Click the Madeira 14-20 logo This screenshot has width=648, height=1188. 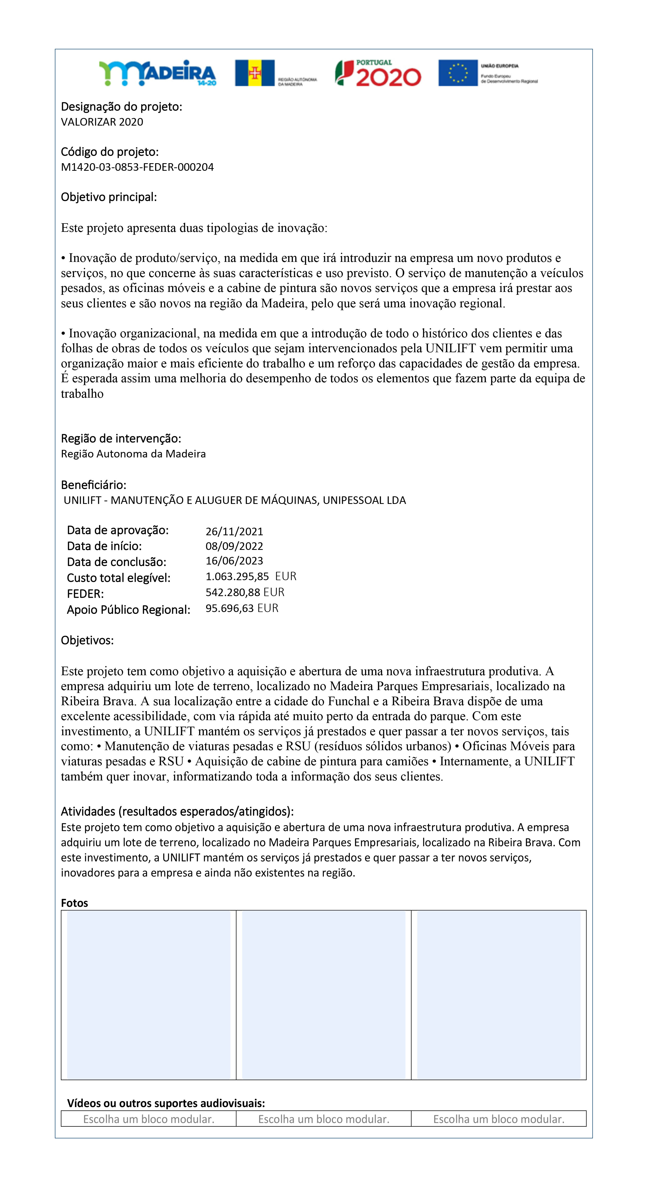click(x=157, y=73)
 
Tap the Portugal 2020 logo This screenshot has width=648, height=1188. click(x=378, y=73)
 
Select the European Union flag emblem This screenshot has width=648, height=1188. click(x=458, y=73)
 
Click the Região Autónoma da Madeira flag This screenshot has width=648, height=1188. click(x=254, y=73)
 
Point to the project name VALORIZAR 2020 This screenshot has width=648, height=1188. click(x=102, y=122)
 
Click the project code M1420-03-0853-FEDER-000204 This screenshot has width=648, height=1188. click(x=137, y=167)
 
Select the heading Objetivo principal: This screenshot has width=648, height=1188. click(x=109, y=197)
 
